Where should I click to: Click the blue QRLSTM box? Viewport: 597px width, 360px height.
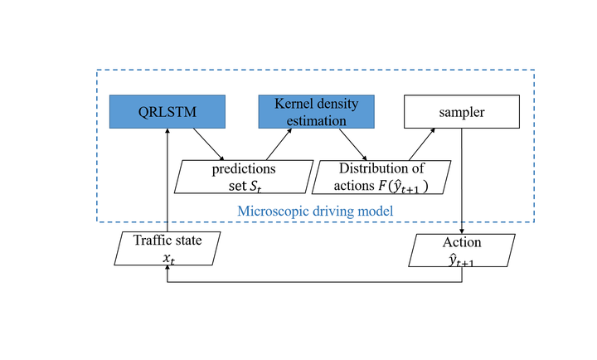167,112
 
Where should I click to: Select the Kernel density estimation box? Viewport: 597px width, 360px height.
317,112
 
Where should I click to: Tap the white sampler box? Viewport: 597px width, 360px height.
462,112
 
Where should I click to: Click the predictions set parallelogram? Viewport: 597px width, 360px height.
244,177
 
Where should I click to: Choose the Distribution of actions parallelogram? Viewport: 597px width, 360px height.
381,178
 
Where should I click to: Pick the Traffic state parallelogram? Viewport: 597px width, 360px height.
167,248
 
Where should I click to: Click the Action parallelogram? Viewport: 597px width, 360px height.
462,251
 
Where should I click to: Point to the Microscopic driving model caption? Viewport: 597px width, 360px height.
315,211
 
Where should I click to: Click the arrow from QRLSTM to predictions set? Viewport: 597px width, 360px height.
209,144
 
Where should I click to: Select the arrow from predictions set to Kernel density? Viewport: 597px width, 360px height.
279,144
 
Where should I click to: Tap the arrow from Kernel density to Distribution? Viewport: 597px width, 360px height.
353,145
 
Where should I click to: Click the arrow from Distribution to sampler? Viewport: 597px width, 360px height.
422,144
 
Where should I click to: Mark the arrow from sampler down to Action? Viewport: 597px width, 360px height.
462,181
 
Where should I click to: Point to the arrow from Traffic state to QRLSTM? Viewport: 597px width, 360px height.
167,180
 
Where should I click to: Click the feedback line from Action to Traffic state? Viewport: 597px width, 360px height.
314,282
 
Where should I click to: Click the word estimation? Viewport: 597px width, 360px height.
317,121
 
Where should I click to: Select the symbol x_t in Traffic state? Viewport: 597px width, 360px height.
168,259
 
